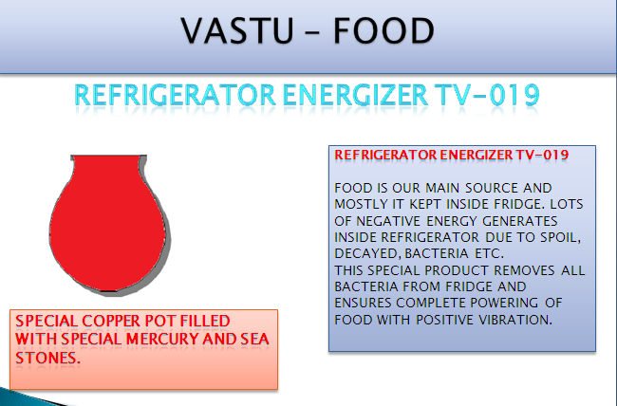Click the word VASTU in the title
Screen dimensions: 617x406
(237, 30)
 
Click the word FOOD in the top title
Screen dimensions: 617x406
(384, 30)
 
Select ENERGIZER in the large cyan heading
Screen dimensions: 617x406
(355, 95)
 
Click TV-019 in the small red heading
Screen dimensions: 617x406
(542, 155)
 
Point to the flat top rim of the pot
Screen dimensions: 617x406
(108, 157)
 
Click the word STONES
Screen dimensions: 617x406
(47, 358)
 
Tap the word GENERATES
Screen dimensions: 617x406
(519, 221)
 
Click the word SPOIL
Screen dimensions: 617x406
(560, 237)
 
